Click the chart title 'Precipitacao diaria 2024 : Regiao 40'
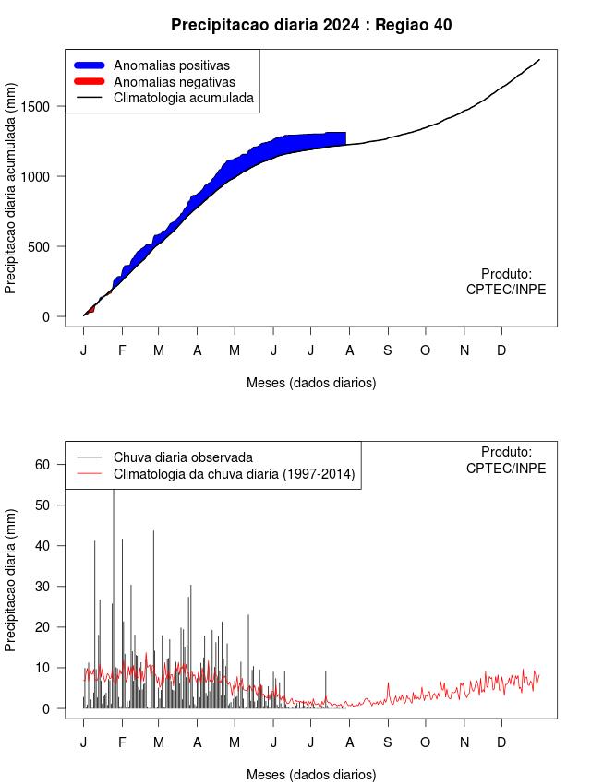tap(311, 25)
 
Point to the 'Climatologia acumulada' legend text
tap(183, 98)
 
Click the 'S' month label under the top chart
tap(388, 350)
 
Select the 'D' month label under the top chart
tap(501, 350)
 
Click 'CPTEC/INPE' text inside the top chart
tap(506, 290)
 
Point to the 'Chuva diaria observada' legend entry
tap(183, 457)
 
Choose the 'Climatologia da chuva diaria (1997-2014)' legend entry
tap(234, 474)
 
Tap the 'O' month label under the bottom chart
tap(426, 742)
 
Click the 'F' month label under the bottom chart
tap(122, 742)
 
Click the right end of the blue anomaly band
tap(344, 138)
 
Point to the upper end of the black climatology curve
tap(539, 60)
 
